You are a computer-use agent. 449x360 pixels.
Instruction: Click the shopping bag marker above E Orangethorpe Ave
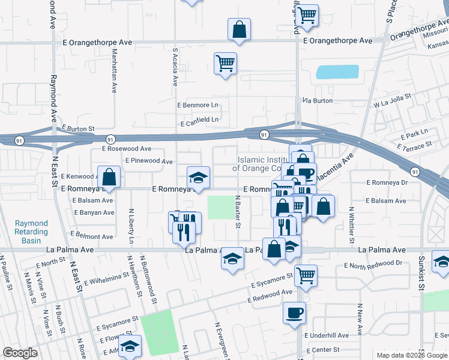pos(239,29)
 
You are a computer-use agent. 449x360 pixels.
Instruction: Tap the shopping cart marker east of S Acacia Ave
pos(225,64)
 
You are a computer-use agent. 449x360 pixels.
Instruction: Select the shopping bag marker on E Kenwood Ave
pos(109,177)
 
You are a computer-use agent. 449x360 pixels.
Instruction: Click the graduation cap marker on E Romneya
pos(198,178)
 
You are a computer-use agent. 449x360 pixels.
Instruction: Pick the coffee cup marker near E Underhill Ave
pos(294,313)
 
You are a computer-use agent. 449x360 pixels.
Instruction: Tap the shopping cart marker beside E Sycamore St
pos(306,276)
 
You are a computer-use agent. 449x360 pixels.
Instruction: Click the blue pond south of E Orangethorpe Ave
pos(337,73)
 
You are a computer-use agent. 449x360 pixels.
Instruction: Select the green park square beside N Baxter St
pos(220,208)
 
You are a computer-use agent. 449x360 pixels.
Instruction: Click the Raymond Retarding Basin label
pos(31,232)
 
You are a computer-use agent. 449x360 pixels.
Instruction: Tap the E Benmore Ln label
pos(197,105)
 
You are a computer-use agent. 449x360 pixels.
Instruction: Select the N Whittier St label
pos(352,221)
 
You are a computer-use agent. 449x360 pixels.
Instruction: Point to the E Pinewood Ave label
pos(149,161)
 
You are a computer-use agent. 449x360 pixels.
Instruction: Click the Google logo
pos(20,353)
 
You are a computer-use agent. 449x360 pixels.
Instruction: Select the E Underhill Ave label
pos(326,336)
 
